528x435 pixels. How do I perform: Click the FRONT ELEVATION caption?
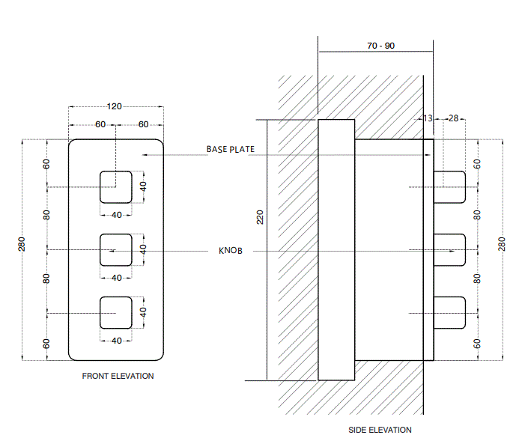click(118, 376)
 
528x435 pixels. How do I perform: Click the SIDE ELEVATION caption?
click(380, 430)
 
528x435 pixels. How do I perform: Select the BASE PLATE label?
click(230, 149)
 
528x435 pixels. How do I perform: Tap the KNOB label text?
click(230, 251)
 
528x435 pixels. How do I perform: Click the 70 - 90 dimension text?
click(380, 46)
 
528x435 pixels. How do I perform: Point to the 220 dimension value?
click(260, 217)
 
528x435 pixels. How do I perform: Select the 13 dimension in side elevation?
click(428, 118)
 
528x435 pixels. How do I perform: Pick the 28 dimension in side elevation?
click(454, 118)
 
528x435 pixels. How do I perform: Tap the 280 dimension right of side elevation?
click(503, 244)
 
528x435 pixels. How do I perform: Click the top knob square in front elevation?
click(116, 187)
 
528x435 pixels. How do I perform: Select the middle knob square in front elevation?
click(116, 249)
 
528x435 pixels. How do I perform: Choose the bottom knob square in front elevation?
click(116, 311)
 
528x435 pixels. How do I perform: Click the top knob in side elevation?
click(449, 187)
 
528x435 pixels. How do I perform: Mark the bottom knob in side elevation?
click(449, 311)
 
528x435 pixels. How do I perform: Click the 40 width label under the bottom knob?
click(116, 341)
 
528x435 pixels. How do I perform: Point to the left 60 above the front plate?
click(100, 124)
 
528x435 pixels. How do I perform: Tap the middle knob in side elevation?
click(449, 249)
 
